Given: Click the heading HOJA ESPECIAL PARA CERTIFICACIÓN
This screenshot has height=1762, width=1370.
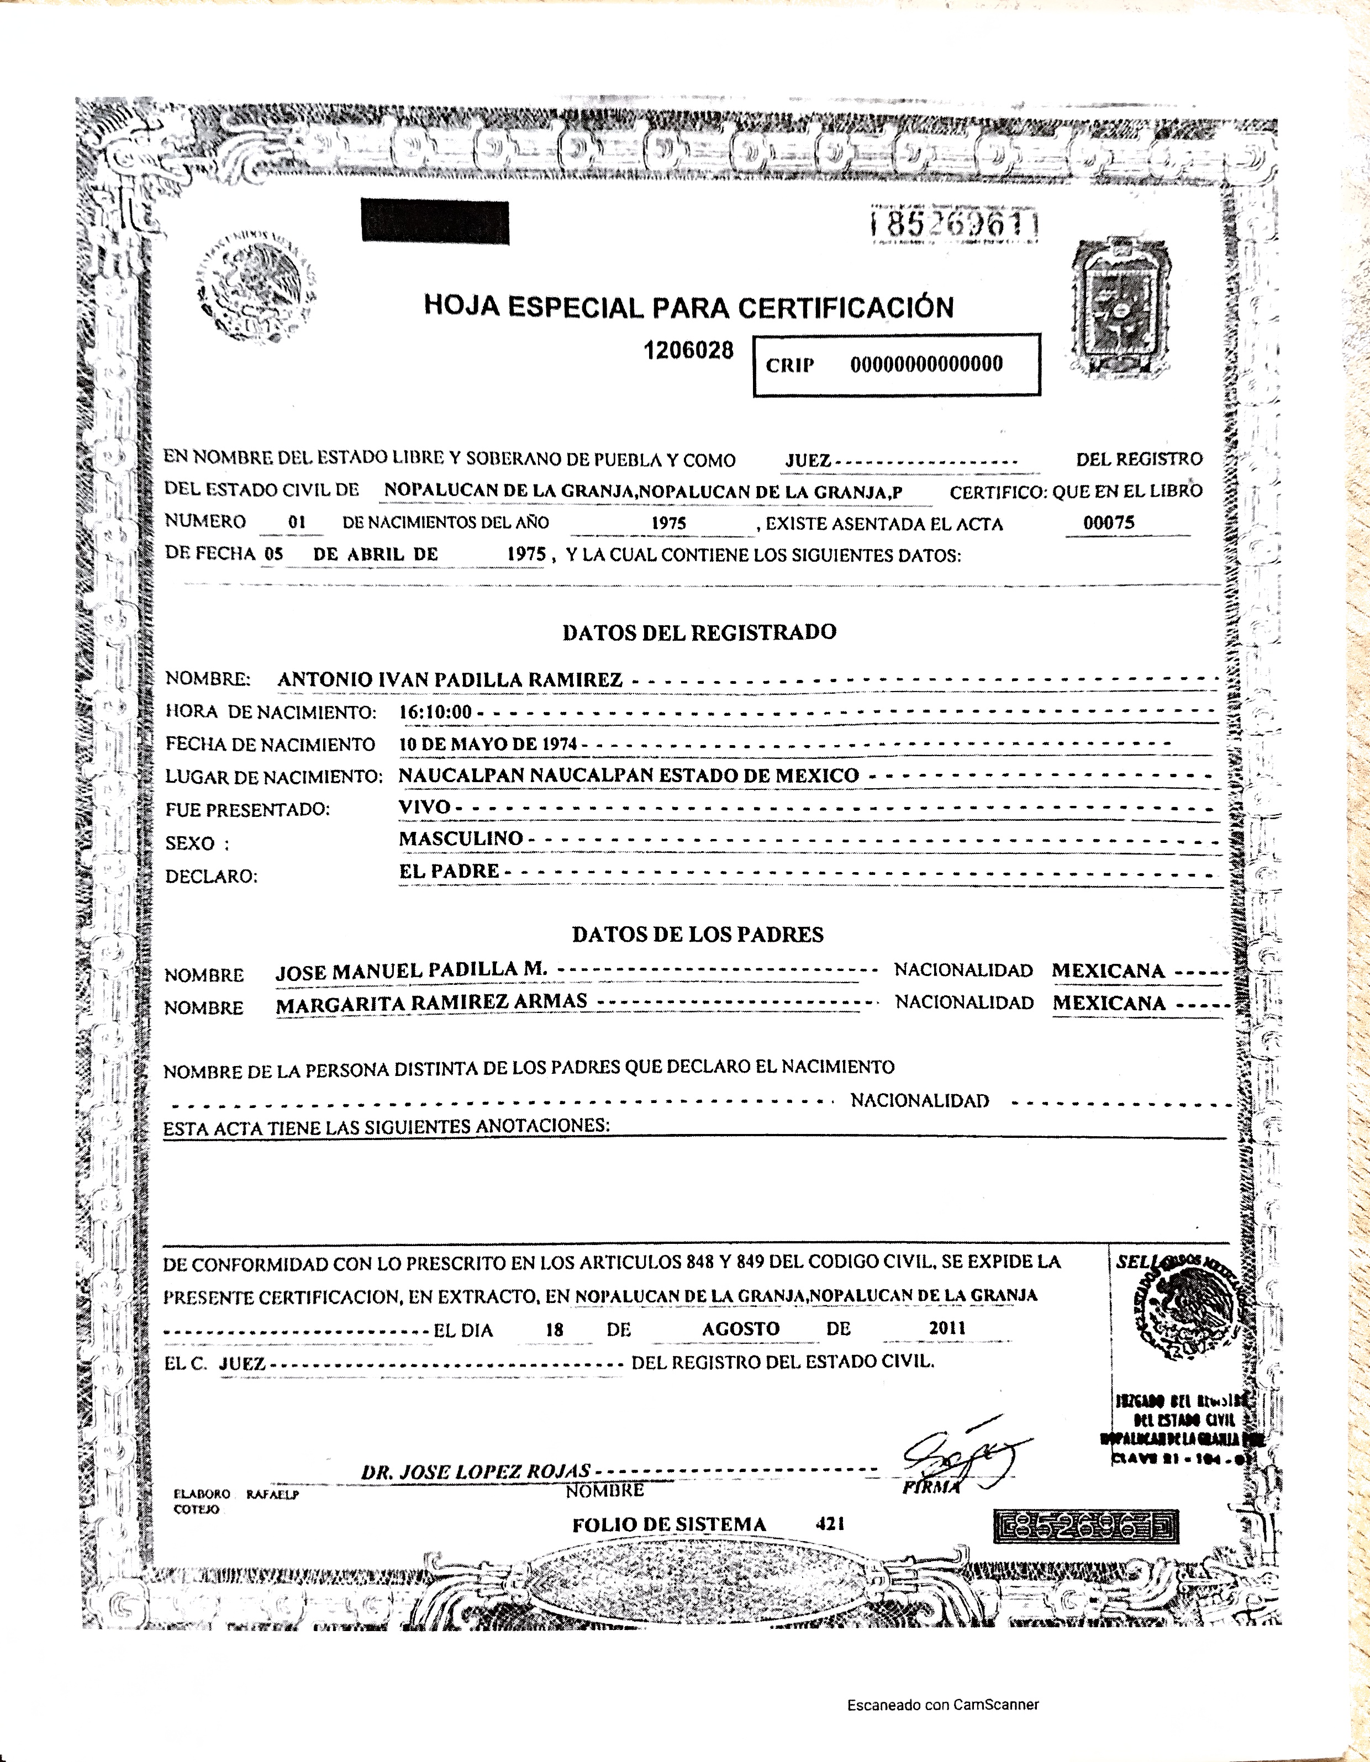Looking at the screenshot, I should pos(688,307).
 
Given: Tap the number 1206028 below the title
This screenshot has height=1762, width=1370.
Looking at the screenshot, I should pos(688,350).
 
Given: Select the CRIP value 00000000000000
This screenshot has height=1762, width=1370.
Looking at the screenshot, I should pos(926,365).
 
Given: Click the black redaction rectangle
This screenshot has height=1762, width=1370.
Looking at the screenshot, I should pos(436,222).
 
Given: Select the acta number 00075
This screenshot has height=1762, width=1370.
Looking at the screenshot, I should pos(1109,523).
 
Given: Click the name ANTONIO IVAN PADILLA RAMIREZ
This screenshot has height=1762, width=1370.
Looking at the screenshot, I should pos(450,679).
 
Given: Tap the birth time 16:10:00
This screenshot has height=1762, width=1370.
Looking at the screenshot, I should pos(436,713).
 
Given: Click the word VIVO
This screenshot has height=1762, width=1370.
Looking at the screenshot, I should pos(424,808).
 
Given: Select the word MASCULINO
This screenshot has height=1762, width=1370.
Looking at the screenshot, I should pos(461,839).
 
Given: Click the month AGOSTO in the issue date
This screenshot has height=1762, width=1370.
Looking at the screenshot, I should pos(741,1329).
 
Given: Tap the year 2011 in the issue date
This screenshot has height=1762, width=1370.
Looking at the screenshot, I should pos(947,1328).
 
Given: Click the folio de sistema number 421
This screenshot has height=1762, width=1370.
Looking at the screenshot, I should pos(830,1523).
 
